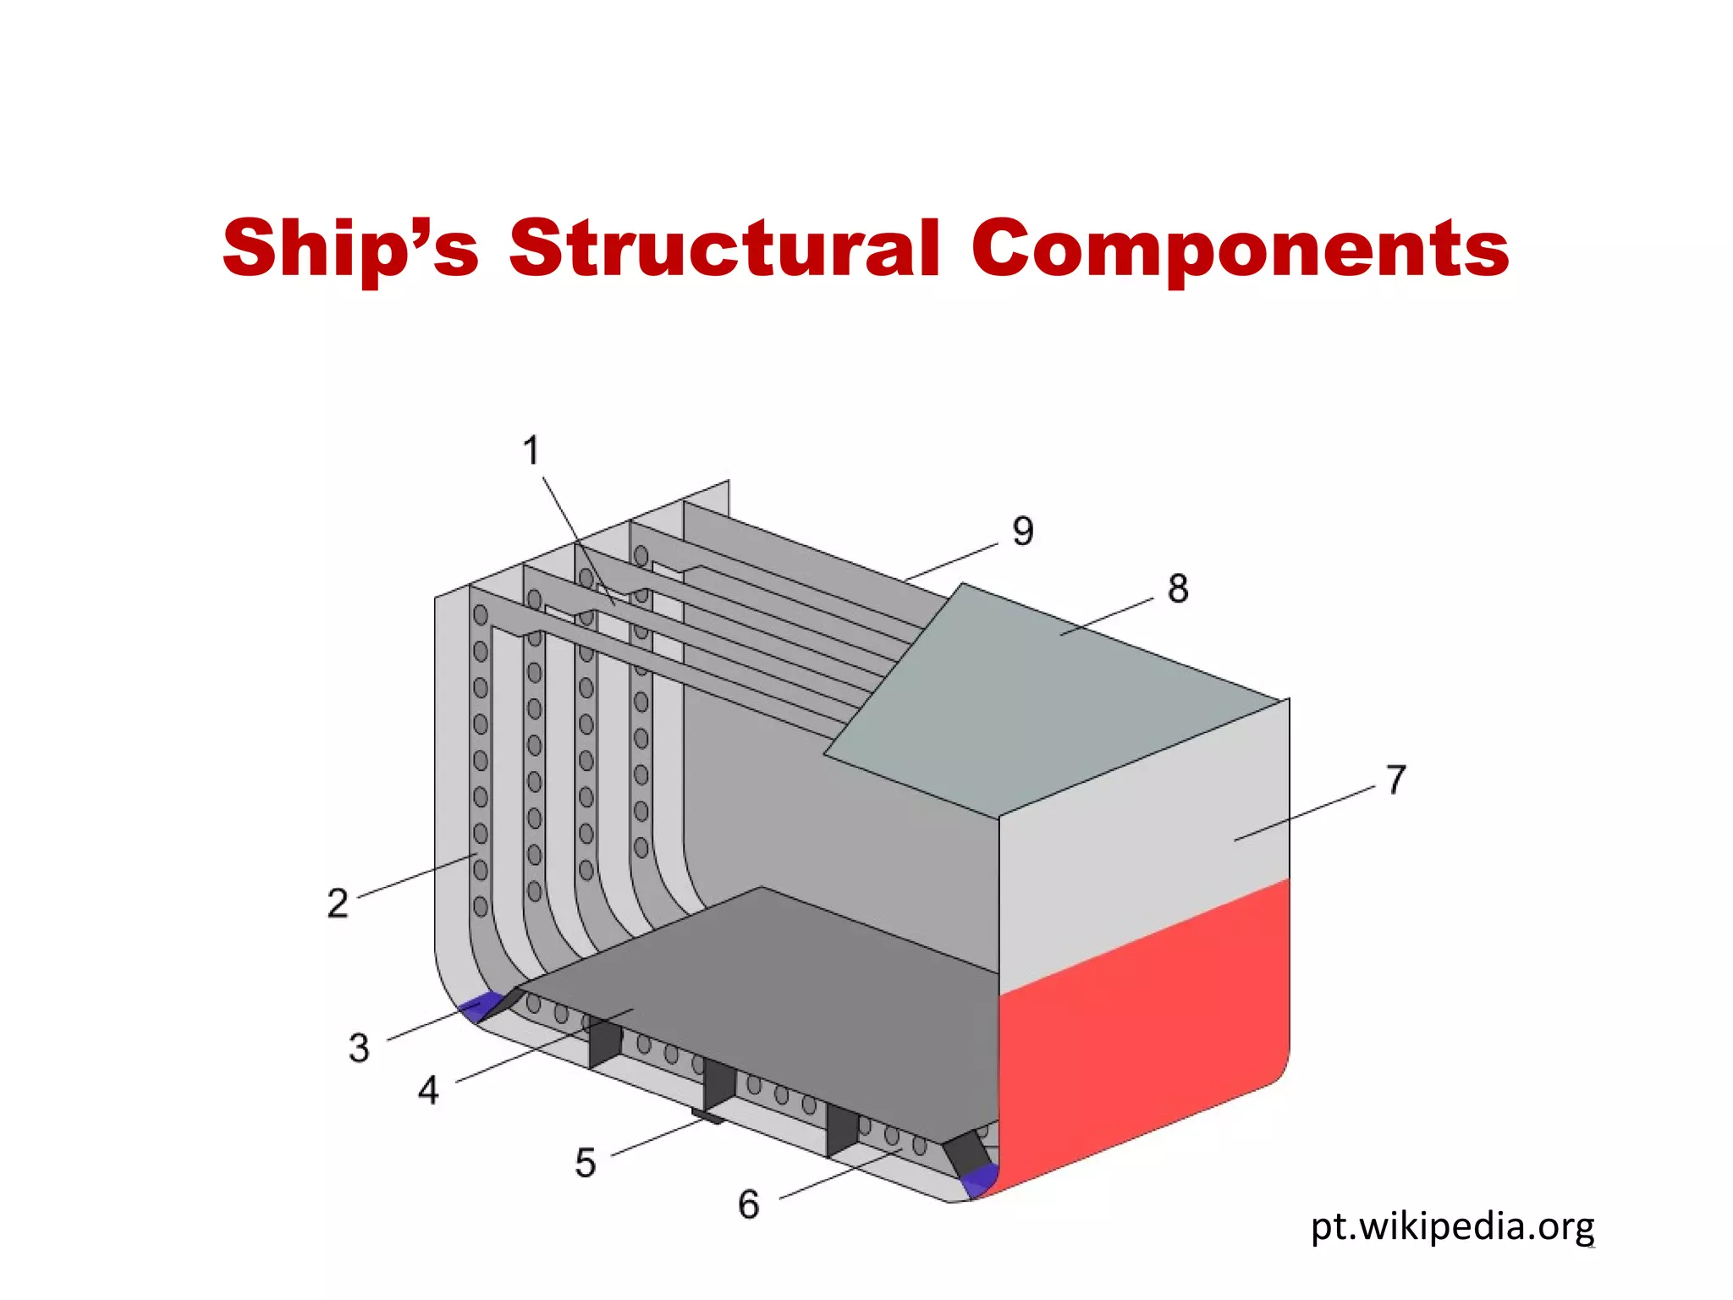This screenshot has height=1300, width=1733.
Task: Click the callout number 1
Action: point(531,450)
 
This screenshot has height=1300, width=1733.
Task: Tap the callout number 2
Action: point(337,904)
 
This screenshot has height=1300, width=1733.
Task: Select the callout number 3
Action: point(359,1048)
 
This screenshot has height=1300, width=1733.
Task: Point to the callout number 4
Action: point(428,1090)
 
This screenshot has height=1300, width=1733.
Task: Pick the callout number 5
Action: point(585,1163)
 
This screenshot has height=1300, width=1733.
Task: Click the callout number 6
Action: point(748,1204)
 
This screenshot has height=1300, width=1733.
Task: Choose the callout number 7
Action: point(1396,779)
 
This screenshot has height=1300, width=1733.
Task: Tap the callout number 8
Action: point(1178,588)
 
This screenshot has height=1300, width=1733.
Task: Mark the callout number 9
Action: point(1023,532)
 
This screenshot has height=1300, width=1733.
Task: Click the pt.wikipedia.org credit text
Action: point(1452,1226)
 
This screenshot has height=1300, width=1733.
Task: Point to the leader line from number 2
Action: point(415,876)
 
